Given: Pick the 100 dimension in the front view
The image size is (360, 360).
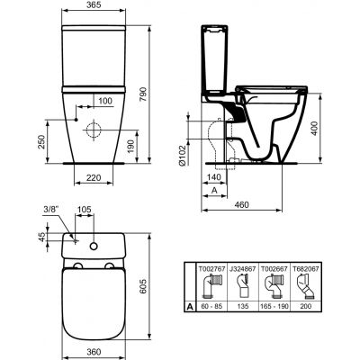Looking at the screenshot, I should pos(104,101).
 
